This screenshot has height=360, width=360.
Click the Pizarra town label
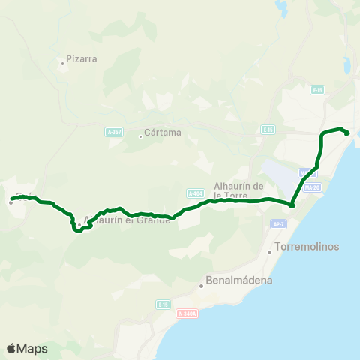click(82, 58)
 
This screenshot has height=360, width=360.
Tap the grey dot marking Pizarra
click(62, 63)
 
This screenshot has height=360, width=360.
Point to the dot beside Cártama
click(140, 136)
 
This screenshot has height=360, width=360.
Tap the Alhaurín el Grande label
click(127, 220)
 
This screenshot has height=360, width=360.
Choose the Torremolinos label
click(308, 246)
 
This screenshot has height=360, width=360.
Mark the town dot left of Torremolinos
click(270, 251)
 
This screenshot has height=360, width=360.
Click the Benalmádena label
click(235, 280)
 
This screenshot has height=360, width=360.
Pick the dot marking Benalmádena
click(201, 286)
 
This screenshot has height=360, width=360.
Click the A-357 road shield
click(114, 132)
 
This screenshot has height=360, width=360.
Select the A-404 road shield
click(196, 193)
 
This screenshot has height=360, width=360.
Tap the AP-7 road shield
click(279, 223)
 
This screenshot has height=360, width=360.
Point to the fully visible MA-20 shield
click(313, 187)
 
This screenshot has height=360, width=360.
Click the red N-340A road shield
click(186, 314)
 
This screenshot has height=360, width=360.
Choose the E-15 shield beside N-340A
click(163, 304)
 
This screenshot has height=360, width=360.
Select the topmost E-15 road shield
click(318, 90)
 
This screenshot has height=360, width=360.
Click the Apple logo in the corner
click(11, 348)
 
